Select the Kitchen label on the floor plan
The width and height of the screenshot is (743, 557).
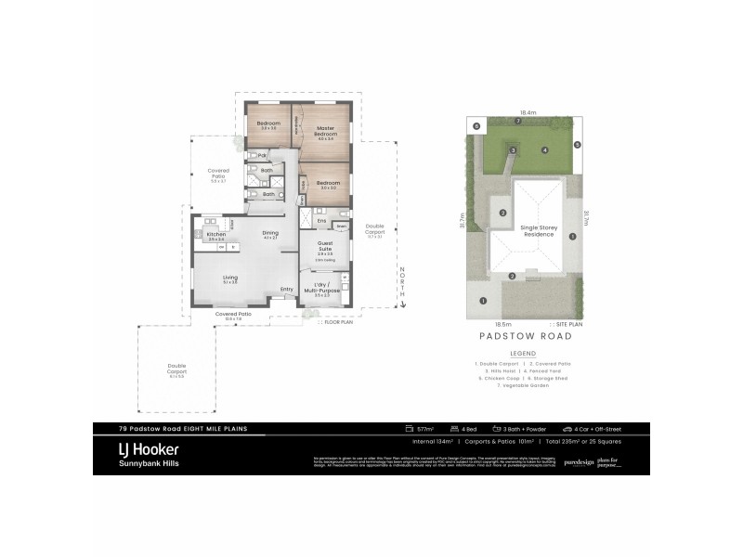tap(215, 234)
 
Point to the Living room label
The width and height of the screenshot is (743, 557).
tap(229, 277)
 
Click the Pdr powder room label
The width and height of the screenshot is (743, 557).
tap(263, 155)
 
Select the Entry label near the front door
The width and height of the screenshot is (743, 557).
tap(287, 290)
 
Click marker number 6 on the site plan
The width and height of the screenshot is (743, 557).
tap(476, 125)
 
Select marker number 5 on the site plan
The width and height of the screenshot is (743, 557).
tap(577, 145)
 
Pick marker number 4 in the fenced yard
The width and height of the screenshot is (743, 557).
tap(545, 149)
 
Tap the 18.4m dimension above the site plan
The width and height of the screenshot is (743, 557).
tap(528, 112)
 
